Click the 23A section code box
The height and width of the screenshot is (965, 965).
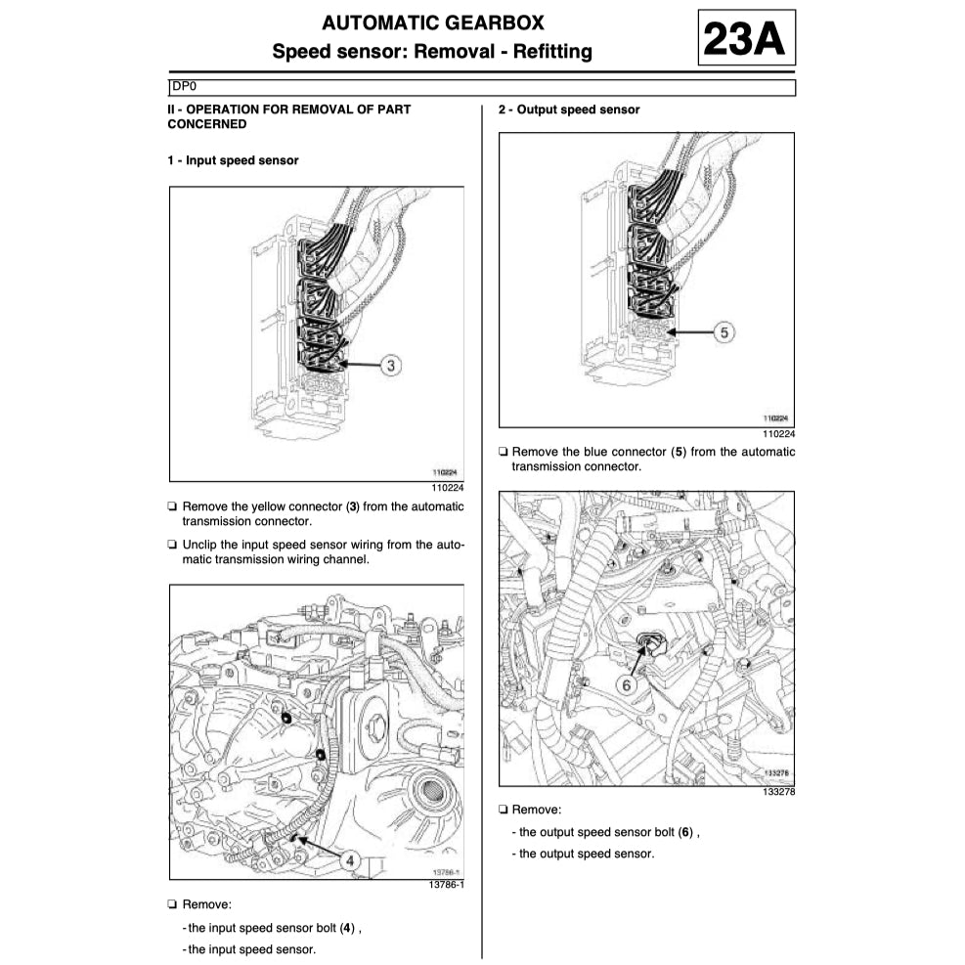pyautogui.click(x=746, y=38)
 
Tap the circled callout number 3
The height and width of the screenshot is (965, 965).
pyautogui.click(x=390, y=366)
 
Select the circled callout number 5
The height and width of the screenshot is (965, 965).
pyautogui.click(x=724, y=333)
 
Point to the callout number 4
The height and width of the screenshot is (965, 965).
pyautogui.click(x=349, y=860)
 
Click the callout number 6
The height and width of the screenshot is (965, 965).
pyautogui.click(x=627, y=685)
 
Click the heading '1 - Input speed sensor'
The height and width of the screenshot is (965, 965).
pyautogui.click(x=233, y=160)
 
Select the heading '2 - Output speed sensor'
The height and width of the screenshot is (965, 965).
pyautogui.click(x=569, y=110)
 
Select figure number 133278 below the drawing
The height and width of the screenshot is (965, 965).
pyautogui.click(x=777, y=792)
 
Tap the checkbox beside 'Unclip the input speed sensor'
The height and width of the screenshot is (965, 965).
pyautogui.click(x=172, y=545)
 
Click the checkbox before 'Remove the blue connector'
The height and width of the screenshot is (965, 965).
pyautogui.click(x=503, y=452)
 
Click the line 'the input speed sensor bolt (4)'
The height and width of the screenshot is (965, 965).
pyautogui.click(x=278, y=927)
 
